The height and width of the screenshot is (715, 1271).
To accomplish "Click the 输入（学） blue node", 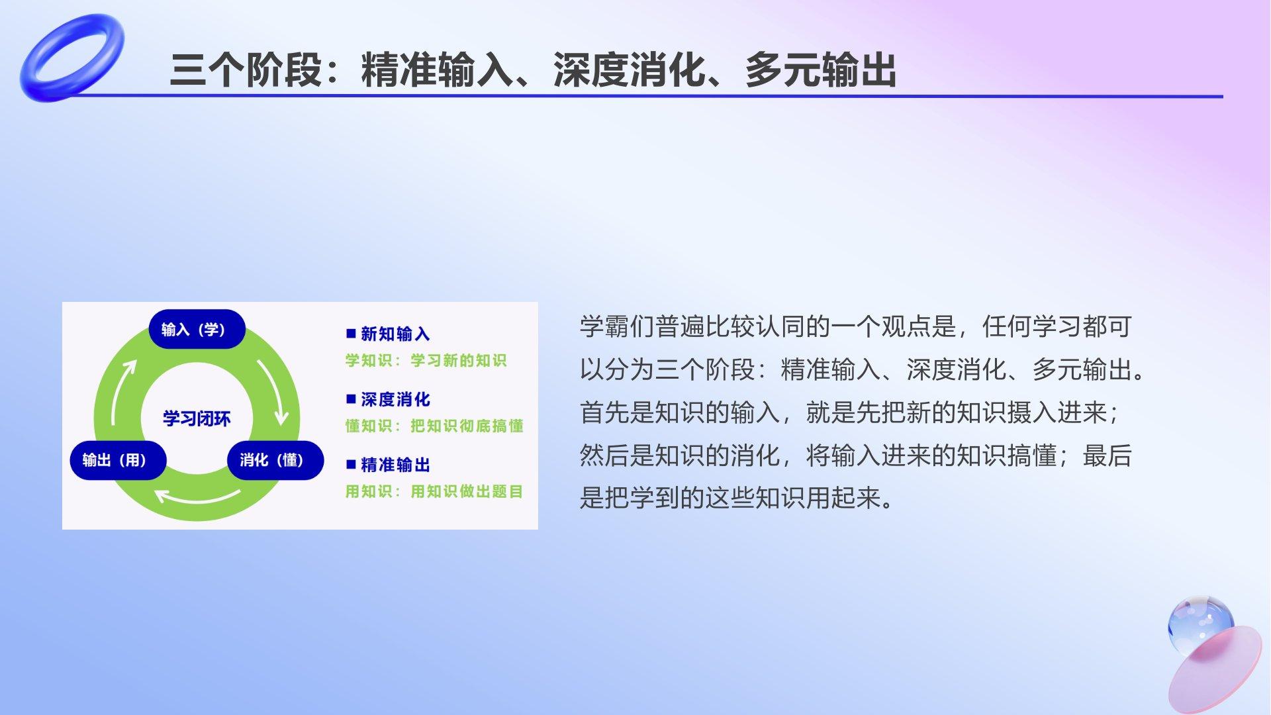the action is pos(197,329).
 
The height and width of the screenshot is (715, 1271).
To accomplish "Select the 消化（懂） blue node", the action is pos(275,460).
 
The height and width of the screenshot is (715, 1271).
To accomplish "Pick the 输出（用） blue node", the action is pos(118,460).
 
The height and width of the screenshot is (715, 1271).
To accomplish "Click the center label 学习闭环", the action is pos(197,418).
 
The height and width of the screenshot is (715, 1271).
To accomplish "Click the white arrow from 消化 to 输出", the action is pos(197,497).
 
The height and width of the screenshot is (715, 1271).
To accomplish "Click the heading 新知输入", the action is pos(395,334).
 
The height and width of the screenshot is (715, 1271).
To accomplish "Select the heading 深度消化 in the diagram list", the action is pos(395,399).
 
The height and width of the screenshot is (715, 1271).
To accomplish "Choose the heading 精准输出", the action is pos(395,465).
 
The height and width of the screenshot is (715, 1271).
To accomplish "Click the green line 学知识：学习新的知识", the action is pos(426,360).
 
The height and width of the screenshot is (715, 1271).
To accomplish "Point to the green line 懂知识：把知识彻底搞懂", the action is pos(434,426).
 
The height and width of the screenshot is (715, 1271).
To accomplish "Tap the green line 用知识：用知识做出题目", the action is pos(434,491).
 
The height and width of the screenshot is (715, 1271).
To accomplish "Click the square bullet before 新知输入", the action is pos(351,333).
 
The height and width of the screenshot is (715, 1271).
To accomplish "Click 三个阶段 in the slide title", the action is pos(246,70).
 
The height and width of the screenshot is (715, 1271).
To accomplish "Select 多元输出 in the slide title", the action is pos(821,70).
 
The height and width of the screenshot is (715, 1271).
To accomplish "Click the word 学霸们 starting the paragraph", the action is pos(618,326).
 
